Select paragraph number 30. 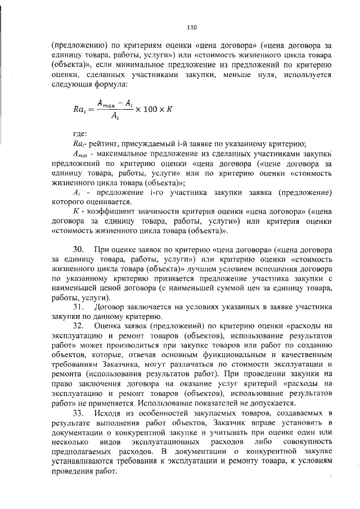coord(79,249)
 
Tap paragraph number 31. coord(79,307)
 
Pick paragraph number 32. coord(79,326)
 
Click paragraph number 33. coord(79,414)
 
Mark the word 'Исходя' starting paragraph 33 coord(108,414)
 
